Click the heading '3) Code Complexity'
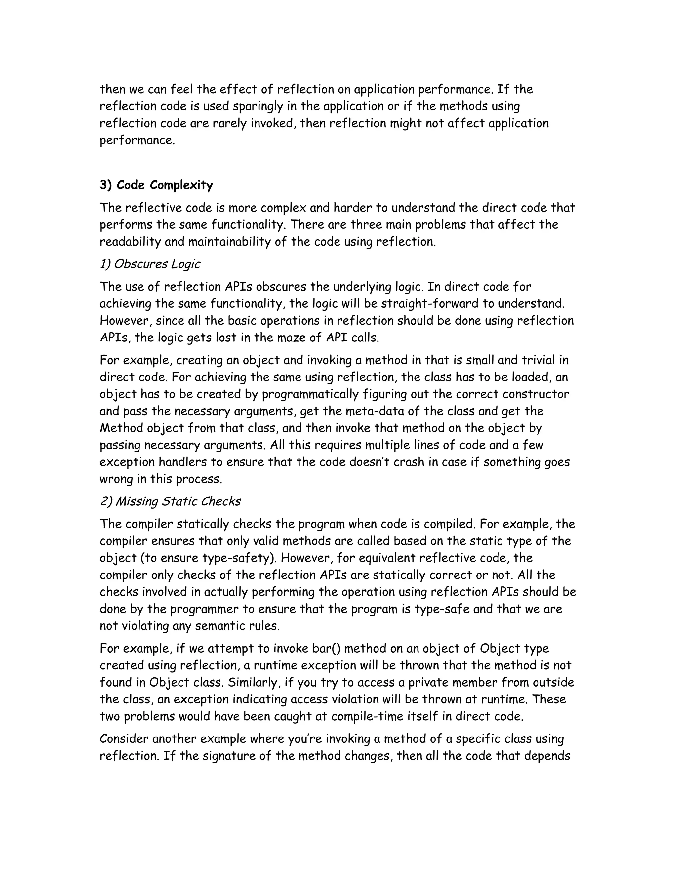tap(156, 185)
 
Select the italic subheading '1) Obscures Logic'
tap(150, 264)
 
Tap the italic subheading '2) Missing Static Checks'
tap(170, 502)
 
